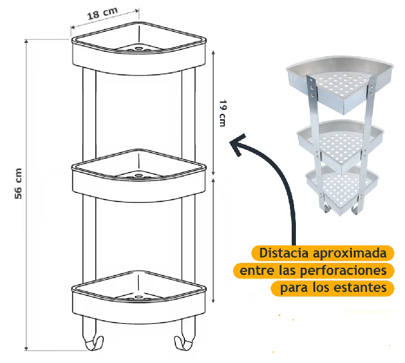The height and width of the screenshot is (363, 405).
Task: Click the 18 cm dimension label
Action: point(102,13)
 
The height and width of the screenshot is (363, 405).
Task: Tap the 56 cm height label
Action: point(18,183)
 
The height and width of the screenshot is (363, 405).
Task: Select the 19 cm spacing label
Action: point(222,113)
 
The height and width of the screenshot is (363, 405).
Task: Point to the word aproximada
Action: point(350,253)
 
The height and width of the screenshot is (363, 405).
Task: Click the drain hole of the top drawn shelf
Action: point(139,48)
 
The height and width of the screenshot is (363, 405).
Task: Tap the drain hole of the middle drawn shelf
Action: point(139,175)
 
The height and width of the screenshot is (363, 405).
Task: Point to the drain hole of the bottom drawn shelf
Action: point(139,297)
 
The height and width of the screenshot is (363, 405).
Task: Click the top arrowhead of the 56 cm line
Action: point(26,42)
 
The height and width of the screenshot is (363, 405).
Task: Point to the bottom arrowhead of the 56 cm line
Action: point(26,348)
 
